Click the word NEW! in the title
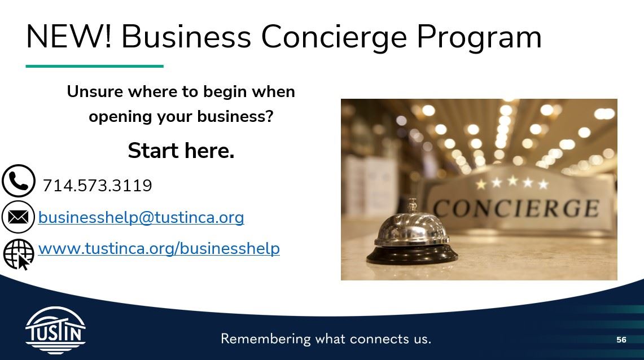coord(68,37)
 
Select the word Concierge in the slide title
coord(334,37)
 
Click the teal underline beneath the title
coord(94,67)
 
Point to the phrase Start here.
coord(181,151)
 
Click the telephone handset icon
coord(19,181)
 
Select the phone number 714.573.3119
coord(97,186)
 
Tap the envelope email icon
coord(19,217)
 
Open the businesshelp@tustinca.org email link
coord(141,217)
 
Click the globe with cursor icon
coord(19,254)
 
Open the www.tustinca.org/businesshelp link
coord(159,248)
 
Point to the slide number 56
coord(621,340)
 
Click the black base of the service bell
coord(411,255)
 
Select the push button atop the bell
coord(412,203)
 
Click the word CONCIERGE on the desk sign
coord(516,209)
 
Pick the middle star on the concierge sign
coord(512,182)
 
